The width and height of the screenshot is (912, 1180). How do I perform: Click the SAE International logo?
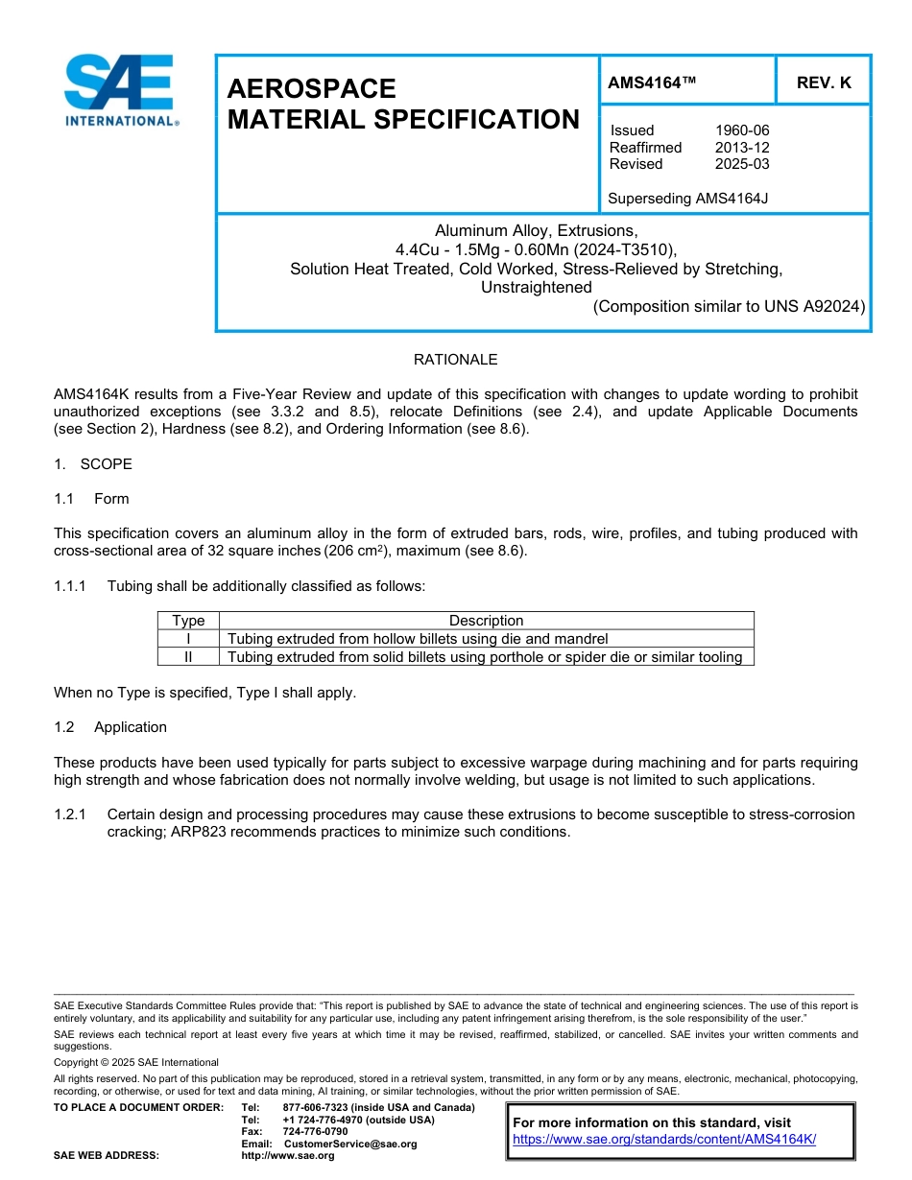(119, 90)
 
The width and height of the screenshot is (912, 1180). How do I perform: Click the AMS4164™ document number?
(651, 83)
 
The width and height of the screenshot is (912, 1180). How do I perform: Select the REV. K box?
(823, 83)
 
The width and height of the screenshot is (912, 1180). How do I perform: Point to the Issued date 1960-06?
(741, 130)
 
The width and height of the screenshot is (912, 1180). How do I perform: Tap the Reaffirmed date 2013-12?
(741, 148)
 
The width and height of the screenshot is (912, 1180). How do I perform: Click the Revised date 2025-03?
(741, 164)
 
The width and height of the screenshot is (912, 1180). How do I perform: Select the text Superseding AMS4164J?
(688, 199)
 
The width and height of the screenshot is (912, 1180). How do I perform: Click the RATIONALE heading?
(455, 360)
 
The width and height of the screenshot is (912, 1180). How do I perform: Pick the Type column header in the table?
(188, 621)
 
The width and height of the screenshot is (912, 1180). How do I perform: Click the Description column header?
(486, 621)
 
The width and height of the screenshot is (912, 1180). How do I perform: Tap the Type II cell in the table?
(188, 657)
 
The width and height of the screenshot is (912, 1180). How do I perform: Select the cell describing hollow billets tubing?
(418, 639)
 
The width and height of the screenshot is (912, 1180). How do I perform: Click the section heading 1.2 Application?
(110, 727)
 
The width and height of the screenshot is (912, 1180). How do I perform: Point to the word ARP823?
(198, 832)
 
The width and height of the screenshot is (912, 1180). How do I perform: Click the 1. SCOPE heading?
(93, 464)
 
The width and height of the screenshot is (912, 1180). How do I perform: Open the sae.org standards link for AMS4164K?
(663, 1139)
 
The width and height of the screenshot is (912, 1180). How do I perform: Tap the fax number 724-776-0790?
(315, 1132)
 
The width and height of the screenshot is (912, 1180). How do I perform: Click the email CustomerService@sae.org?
(350, 1144)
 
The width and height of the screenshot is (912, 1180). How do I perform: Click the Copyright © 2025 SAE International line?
(136, 1063)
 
